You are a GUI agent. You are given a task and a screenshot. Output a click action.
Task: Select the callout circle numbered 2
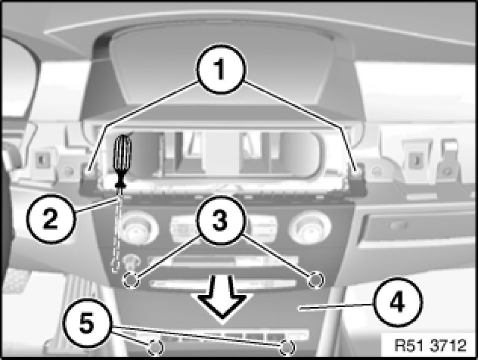(x=51, y=219)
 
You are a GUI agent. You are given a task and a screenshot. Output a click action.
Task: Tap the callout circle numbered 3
(x=220, y=220)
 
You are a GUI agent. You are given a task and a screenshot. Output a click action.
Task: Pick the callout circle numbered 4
(x=398, y=302)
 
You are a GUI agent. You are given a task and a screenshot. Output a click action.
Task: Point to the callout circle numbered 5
(x=87, y=323)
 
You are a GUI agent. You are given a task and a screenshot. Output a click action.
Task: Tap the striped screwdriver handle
(x=122, y=154)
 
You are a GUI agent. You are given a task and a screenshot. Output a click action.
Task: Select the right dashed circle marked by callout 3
(x=316, y=280)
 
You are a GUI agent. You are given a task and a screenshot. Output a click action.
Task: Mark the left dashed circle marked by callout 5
(x=156, y=347)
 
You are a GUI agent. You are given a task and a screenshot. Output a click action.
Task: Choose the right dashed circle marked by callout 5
(x=287, y=347)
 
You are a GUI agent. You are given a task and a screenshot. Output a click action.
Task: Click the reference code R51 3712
(x=430, y=345)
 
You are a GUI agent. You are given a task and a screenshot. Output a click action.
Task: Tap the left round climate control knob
(x=138, y=228)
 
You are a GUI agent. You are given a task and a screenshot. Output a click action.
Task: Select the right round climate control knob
(x=309, y=228)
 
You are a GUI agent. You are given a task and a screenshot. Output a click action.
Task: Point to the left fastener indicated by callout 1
(x=88, y=169)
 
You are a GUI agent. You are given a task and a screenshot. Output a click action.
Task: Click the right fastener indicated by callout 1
(x=358, y=169)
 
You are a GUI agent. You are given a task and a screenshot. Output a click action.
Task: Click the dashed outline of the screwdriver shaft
(x=117, y=233)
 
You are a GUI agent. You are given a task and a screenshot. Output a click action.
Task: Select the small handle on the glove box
(x=398, y=225)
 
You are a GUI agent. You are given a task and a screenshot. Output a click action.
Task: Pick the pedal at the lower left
(x=16, y=281)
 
